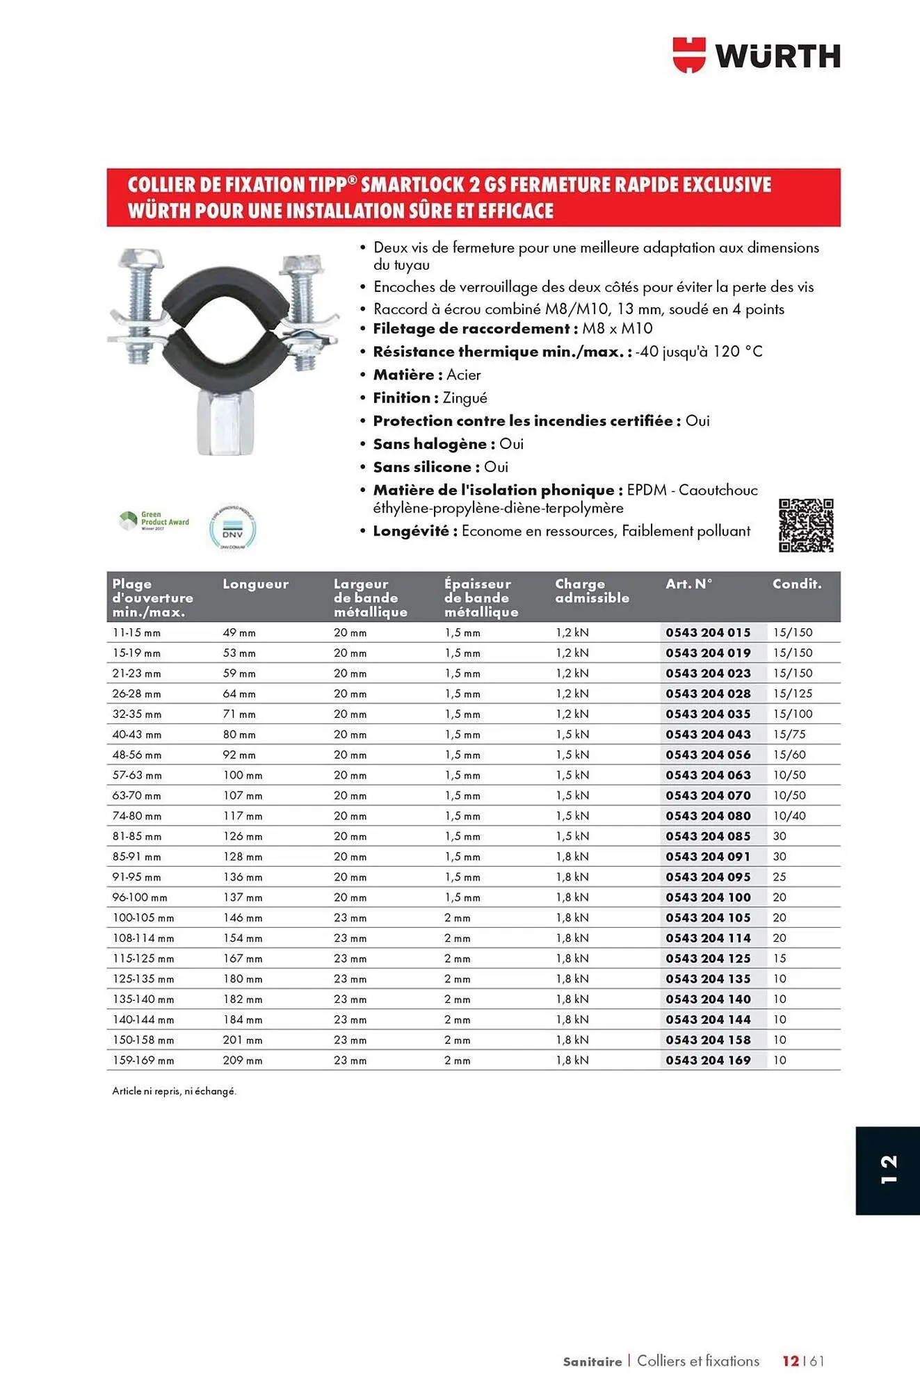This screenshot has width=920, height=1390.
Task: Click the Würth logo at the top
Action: [757, 56]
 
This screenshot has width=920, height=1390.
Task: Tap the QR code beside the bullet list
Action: [806, 525]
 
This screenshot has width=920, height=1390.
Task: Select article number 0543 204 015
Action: [708, 632]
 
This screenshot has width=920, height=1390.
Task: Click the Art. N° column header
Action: [688, 584]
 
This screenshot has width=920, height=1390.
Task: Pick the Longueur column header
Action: [255, 584]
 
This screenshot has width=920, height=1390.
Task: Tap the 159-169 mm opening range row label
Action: [143, 1061]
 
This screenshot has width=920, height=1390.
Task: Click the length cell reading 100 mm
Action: [243, 775]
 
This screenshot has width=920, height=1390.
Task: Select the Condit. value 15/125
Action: [792, 694]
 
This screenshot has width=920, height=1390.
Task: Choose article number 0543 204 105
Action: [708, 917]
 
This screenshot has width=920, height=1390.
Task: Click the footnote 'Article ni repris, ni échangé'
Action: [174, 1091]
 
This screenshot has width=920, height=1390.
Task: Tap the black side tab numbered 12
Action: [887, 1170]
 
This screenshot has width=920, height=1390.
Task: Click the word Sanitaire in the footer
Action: [592, 1362]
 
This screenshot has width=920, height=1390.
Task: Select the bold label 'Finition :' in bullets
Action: [405, 398]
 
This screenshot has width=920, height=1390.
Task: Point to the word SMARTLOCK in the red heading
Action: [412, 185]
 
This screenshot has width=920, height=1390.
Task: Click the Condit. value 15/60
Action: [789, 755]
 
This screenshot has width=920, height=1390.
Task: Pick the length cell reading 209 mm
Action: [243, 1061]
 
